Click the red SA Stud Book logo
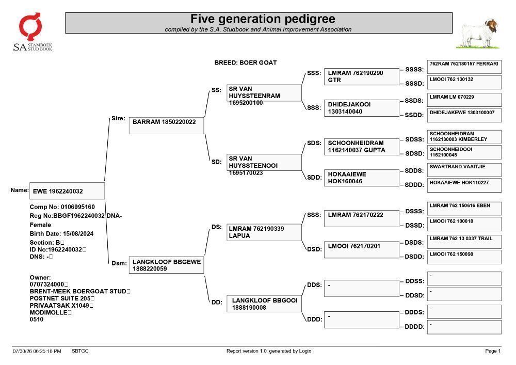[x=30, y=27]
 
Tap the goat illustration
[x=478, y=34]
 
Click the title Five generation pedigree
[x=263, y=19]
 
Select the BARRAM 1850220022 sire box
[x=166, y=125]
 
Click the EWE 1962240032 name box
[x=67, y=191]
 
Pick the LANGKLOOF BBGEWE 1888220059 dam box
[x=166, y=265]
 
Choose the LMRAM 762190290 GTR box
[x=361, y=77]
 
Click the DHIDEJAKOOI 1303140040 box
[x=361, y=108]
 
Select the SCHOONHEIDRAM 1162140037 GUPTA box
[x=361, y=147]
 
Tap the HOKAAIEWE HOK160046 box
[x=361, y=178]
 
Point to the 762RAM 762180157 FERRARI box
[x=464, y=67]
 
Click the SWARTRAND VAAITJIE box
[x=464, y=170]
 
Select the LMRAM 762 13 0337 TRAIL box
[x=464, y=242]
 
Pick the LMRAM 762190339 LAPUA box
[x=264, y=232]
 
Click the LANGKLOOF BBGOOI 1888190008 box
[x=264, y=304]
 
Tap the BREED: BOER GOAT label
[x=246, y=62]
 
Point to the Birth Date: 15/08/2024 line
[x=61, y=234]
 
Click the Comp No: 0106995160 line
[x=62, y=207]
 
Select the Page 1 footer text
[x=493, y=351]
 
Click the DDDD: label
[x=414, y=327]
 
